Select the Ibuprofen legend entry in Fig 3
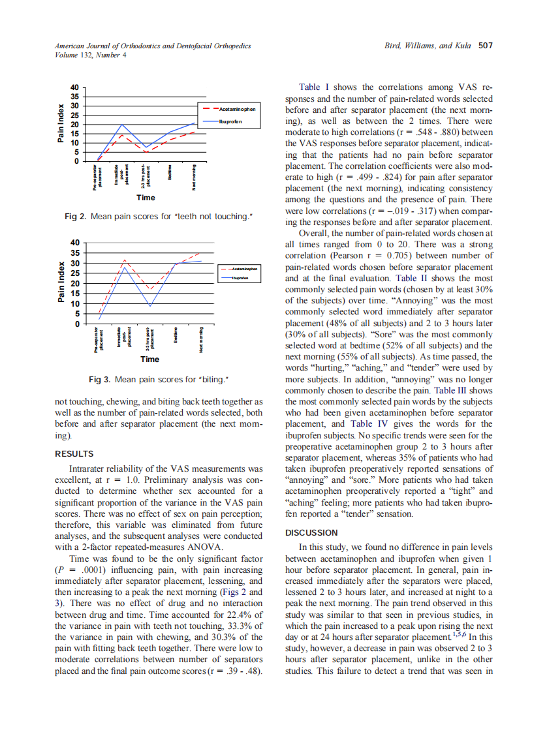tap(243, 278)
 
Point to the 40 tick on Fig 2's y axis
tap(74, 87)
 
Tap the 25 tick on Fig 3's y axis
tap(74, 273)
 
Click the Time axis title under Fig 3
tap(149, 359)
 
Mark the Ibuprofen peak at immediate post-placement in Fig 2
tap(121, 124)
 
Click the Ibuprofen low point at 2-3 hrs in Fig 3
tap(150, 305)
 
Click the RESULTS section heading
tap(74, 454)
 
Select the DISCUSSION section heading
tap(312, 533)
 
